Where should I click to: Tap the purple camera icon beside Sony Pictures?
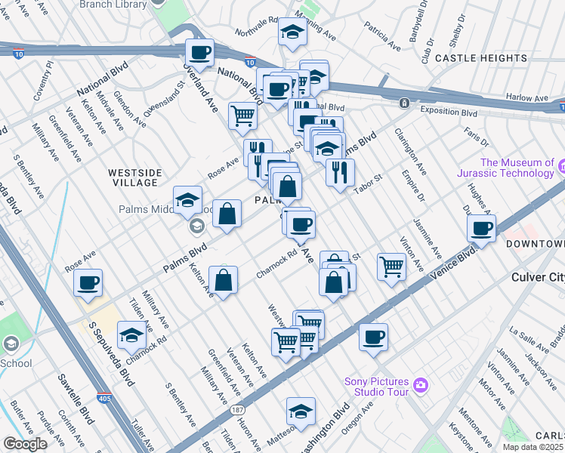pos(421,386)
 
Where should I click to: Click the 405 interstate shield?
pos(104,397)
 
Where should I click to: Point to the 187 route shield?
pos(239,410)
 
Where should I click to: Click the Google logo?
pos(25,444)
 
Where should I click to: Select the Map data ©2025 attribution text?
pos(533,447)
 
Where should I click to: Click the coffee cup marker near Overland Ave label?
pos(199,52)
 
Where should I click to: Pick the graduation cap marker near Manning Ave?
pos(291,32)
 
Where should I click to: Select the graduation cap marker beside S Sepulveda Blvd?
pos(131,333)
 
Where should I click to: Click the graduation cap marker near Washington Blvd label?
pos(301,411)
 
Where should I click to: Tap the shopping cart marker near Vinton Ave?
pos(391,265)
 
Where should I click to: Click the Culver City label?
pos(537,277)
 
